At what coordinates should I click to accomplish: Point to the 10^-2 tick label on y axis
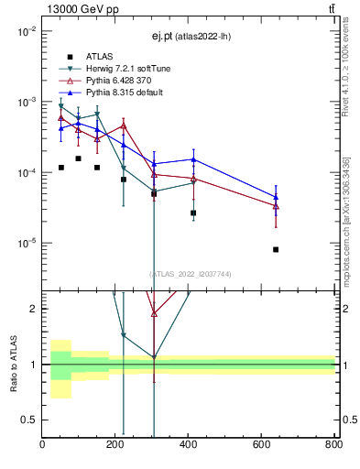pyautogui.click(x=25, y=31)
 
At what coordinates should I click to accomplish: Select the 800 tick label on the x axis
pyautogui.click(x=333, y=444)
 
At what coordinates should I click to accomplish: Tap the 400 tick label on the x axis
pyautogui.click(x=189, y=444)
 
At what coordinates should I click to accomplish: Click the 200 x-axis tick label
pyautogui.click(x=115, y=444)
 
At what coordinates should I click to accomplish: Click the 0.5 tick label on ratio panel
pyautogui.click(x=29, y=420)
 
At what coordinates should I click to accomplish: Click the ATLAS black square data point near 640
pyautogui.click(x=276, y=249)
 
